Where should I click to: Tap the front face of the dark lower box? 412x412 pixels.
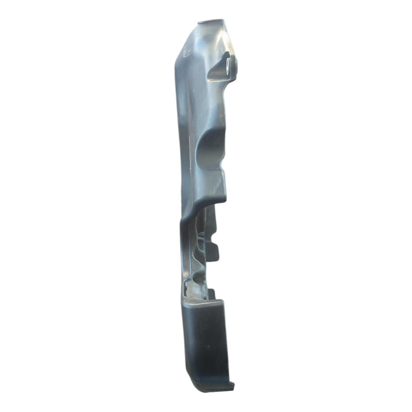point(206,340)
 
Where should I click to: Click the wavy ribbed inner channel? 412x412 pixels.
point(198,247)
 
